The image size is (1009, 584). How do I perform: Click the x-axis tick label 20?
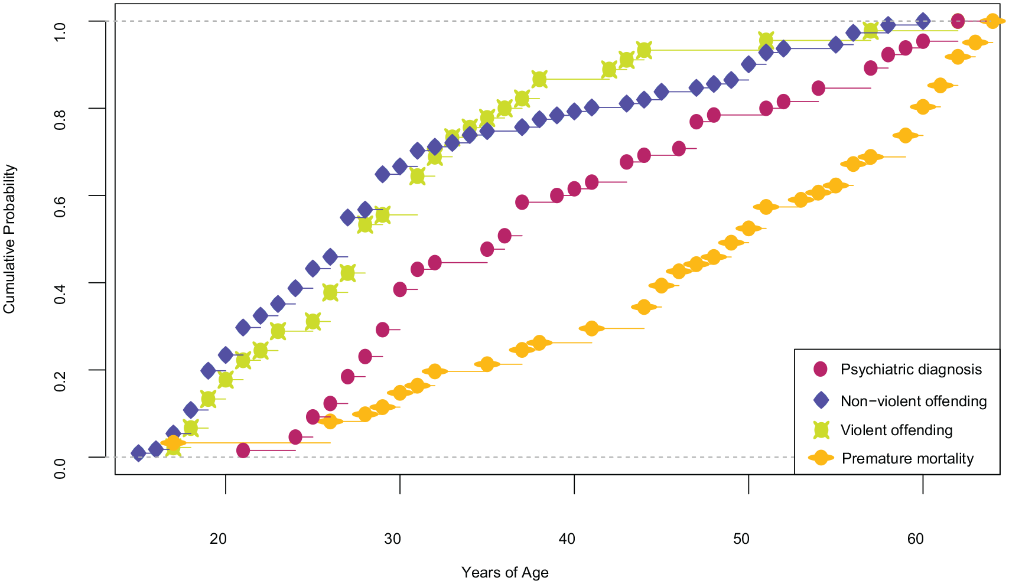pos(219,539)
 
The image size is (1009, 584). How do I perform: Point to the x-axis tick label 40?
pos(567,539)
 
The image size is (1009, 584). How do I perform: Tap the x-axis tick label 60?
pos(916,539)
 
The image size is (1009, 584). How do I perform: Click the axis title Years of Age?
pos(505,572)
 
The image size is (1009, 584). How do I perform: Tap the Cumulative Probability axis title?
pos(9,239)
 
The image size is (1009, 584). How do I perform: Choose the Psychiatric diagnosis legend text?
pos(911,369)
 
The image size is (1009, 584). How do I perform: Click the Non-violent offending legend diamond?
pos(821,400)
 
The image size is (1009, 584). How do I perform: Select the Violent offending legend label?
pos(896,430)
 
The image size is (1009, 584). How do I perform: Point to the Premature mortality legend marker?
pos(821,458)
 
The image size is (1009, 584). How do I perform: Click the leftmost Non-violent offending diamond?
pos(138,453)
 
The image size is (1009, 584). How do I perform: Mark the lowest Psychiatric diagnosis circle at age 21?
pos(243,451)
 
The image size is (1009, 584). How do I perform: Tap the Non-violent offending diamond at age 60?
pos(923,21)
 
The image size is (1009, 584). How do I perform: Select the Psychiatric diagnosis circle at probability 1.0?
pos(958,21)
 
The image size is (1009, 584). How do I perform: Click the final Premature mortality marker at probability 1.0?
pos(992,21)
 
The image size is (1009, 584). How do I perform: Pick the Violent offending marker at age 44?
pos(644,50)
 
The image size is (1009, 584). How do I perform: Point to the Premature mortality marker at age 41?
pos(591,328)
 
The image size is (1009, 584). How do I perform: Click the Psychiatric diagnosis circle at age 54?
pos(818,88)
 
